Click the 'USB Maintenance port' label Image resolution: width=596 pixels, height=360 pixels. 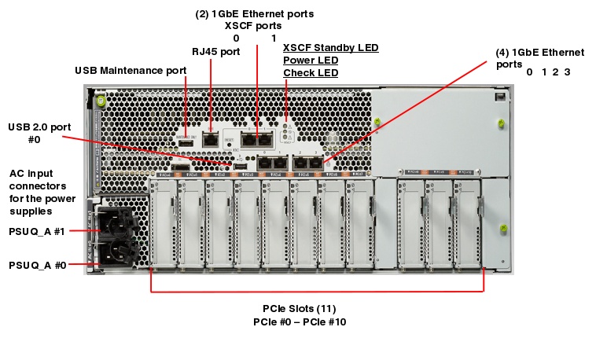131,70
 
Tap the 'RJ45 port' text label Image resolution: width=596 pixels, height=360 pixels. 216,51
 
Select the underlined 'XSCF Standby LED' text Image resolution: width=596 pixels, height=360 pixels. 330,47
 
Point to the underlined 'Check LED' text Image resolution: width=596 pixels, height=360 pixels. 310,73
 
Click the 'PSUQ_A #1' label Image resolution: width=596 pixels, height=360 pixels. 37,232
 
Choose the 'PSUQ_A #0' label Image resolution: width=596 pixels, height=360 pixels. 37,265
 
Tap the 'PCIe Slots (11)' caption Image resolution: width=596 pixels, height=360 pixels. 299,309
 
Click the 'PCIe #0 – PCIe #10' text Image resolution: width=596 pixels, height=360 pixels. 299,322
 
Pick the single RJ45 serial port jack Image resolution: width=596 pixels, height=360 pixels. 211,138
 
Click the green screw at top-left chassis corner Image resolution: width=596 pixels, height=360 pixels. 101,100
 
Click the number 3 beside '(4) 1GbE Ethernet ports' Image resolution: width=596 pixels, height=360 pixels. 567,72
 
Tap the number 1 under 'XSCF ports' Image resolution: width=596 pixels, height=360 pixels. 273,38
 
